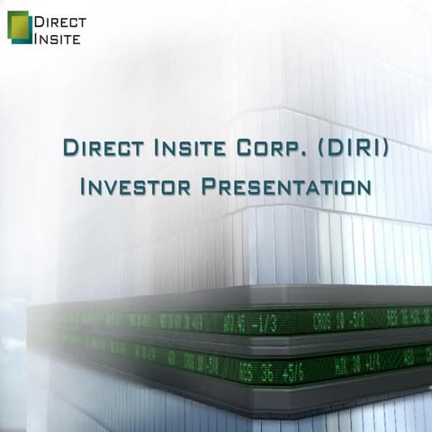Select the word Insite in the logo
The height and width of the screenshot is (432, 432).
pos(57,38)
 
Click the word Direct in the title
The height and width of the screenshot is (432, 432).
pos(98,148)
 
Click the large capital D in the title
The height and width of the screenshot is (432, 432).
pos(69,148)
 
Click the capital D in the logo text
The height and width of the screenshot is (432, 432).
pos(40,20)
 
